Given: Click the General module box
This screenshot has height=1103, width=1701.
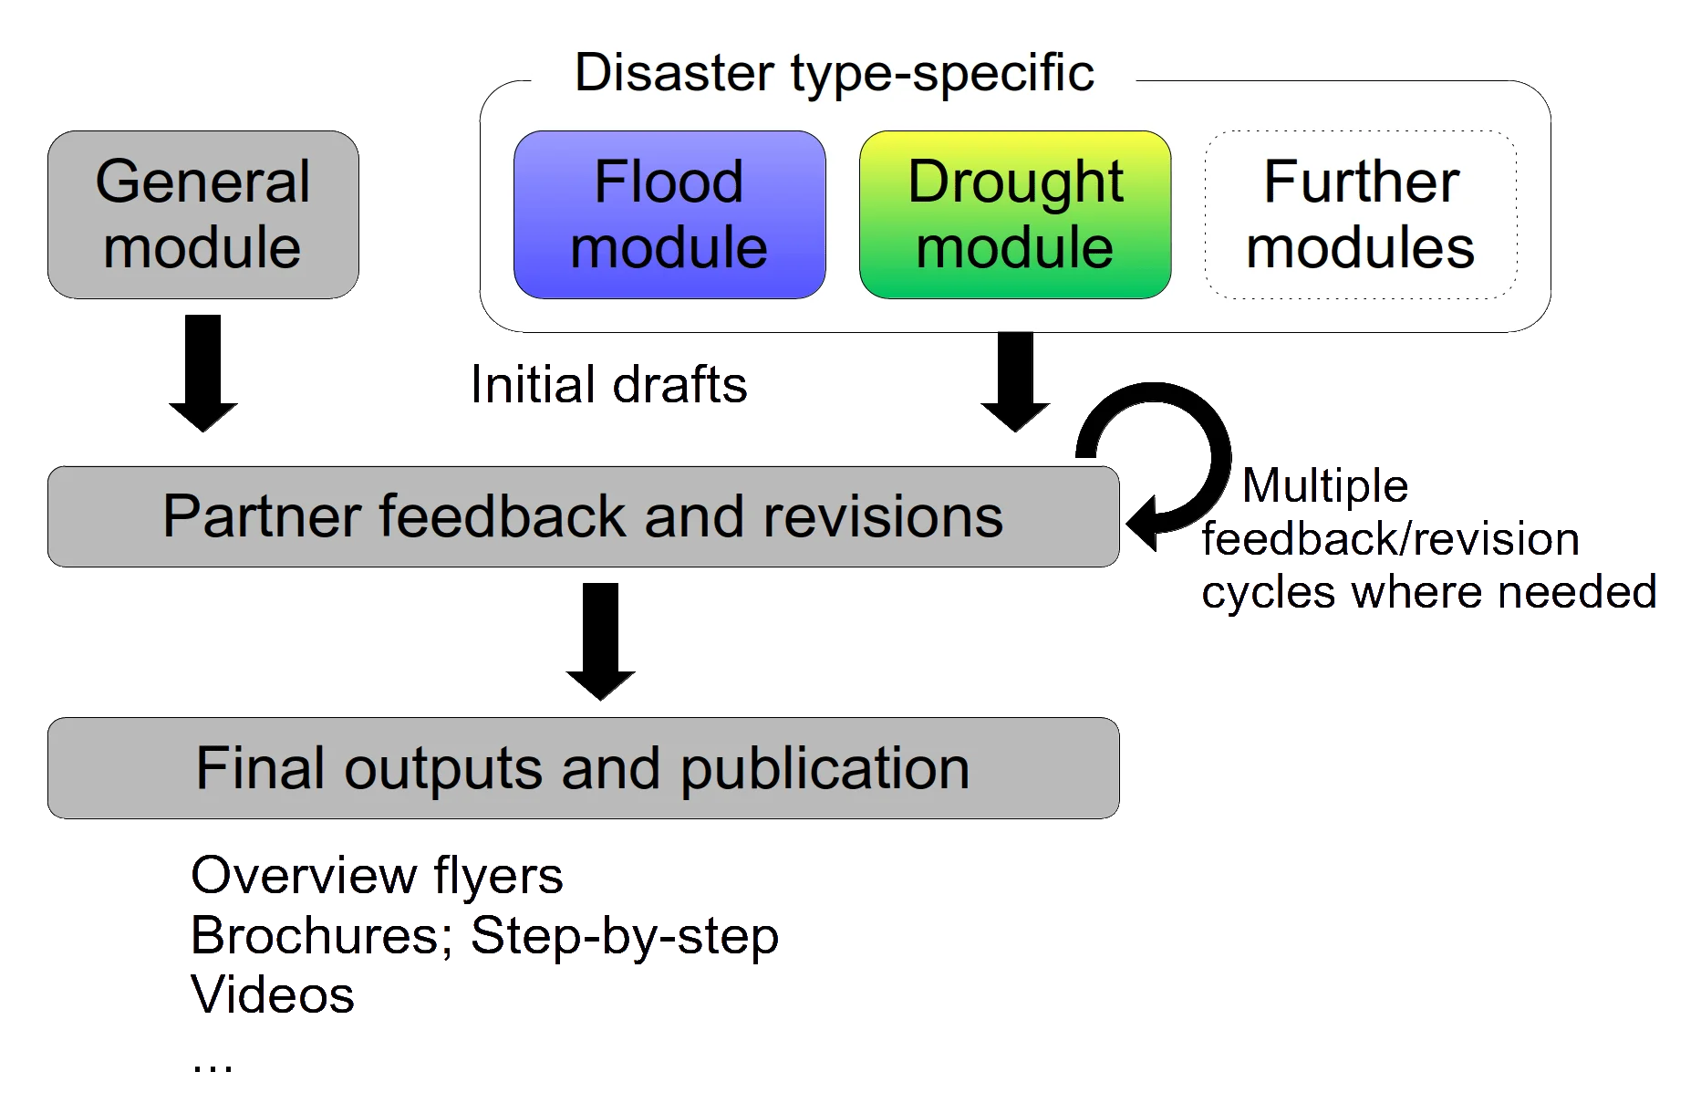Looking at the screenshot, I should (x=202, y=214).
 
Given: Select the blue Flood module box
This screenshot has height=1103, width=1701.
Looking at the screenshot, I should (x=669, y=214).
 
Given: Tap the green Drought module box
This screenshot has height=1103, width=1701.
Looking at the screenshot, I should (x=1015, y=214).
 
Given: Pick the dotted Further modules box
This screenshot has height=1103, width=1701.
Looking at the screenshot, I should (x=1361, y=214).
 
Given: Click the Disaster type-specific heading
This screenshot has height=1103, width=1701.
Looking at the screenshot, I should (x=834, y=73).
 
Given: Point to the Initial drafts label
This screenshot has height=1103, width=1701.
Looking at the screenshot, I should (x=611, y=386).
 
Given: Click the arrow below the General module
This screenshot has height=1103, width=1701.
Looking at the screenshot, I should (x=203, y=374).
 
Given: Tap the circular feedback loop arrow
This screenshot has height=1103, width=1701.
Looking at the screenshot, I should (x=1177, y=456).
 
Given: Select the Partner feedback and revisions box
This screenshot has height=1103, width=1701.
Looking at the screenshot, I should (x=583, y=516).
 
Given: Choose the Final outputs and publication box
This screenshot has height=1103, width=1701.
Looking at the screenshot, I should (x=583, y=768).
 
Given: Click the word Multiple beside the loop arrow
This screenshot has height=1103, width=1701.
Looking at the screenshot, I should (x=1323, y=487).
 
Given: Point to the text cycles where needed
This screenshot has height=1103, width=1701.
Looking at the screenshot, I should (x=1428, y=593).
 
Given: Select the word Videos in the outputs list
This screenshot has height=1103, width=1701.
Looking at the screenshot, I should (x=273, y=995).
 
